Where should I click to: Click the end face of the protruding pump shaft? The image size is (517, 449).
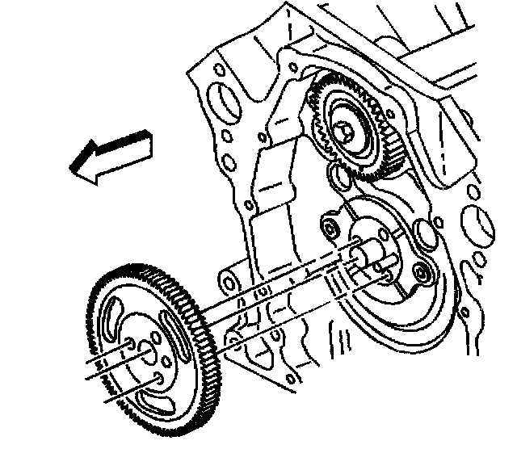(359, 252)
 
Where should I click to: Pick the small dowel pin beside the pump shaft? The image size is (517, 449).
(389, 277)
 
